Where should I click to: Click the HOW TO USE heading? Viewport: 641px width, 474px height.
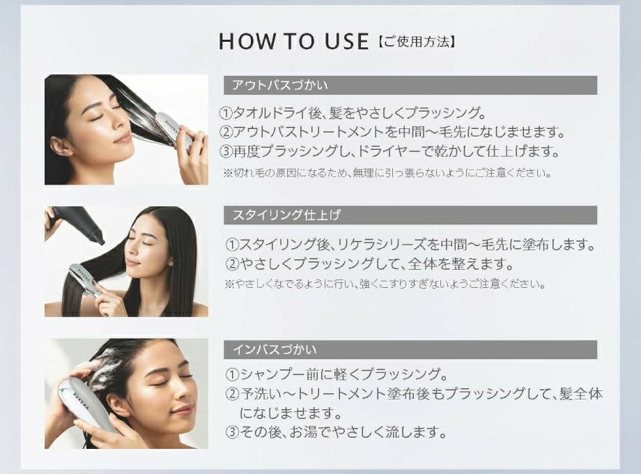click(293, 41)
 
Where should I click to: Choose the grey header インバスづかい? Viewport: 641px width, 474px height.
click(275, 349)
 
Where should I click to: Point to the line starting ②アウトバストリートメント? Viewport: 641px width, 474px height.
click(392, 132)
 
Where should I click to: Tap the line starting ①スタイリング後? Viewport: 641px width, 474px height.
click(410, 245)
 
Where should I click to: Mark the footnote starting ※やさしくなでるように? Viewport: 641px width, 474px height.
click(385, 284)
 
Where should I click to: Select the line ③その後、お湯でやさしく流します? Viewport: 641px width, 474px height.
click(335, 432)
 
